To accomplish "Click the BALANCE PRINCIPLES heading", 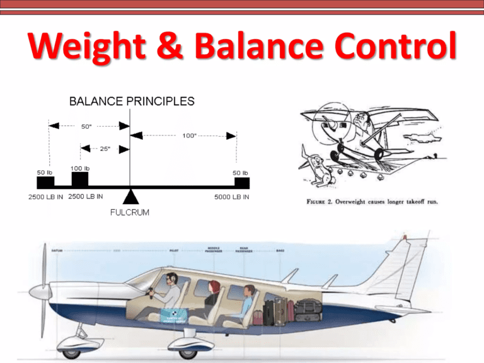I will coord(132,101).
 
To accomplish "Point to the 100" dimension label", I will coord(187,135).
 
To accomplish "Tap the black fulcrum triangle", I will coord(130,195).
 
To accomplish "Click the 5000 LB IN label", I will coord(232,197).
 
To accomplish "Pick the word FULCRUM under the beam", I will coord(130,212).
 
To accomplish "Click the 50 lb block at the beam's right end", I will coord(241,182).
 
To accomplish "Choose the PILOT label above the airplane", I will coord(175,250).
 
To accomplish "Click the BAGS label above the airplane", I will coord(280,250).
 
